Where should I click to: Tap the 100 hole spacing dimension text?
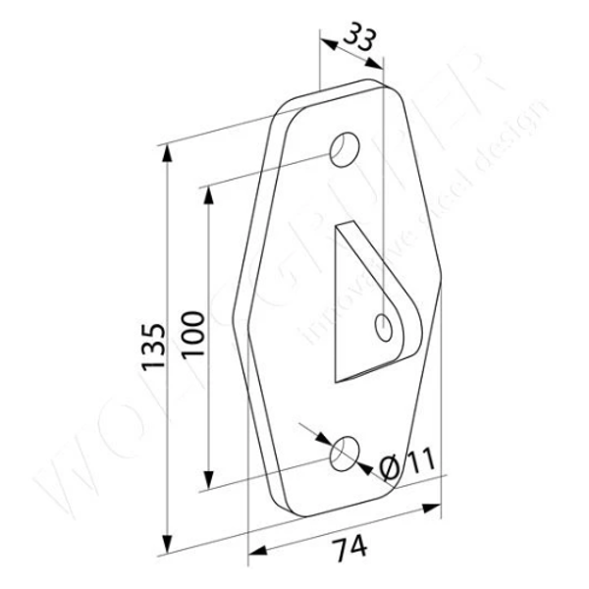pos(192,335)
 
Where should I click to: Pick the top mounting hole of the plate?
pos(344,148)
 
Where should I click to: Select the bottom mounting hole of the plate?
pos(344,454)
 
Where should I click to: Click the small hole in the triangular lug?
pos(384,325)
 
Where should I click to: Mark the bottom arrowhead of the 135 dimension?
pos(168,549)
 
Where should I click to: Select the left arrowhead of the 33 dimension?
pos(326,42)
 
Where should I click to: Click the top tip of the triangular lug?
pos(339,227)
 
